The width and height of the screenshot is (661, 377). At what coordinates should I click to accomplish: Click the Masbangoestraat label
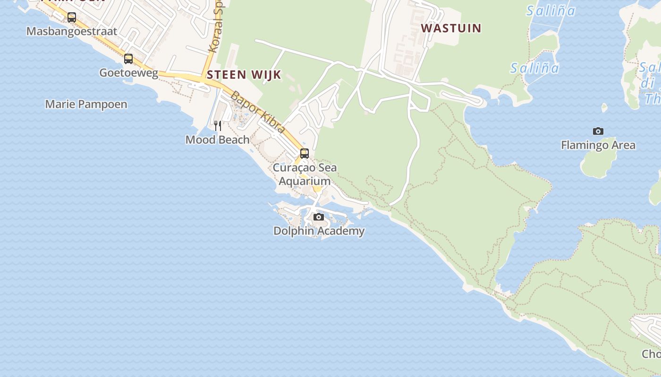point(72,32)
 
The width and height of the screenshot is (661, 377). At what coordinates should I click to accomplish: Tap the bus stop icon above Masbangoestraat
point(72,17)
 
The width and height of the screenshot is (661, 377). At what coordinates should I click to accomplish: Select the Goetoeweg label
point(128,73)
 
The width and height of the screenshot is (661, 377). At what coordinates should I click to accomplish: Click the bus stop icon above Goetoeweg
point(128,59)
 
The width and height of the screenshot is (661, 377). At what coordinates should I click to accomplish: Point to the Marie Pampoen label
point(86,104)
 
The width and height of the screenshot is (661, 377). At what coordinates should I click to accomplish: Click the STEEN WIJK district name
point(244,74)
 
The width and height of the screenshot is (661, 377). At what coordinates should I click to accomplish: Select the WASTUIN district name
point(451,28)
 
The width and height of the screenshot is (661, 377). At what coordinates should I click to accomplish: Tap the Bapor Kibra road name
point(258,112)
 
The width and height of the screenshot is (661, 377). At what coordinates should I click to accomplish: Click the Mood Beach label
point(217,139)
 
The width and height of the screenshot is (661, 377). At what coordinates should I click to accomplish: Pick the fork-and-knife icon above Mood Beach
point(218,125)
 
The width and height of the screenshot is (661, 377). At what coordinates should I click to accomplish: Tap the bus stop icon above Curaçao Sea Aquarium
point(305,153)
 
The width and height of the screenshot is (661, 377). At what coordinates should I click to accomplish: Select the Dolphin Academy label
point(319,231)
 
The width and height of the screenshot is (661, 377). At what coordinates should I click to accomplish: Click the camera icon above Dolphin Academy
point(319,217)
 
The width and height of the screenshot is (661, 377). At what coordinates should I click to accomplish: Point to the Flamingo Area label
point(598,145)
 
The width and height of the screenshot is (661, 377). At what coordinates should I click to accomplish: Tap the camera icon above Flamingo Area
point(598,131)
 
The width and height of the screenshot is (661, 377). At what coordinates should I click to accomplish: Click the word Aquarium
point(305,181)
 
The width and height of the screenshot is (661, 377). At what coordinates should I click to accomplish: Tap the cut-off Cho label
point(652,354)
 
